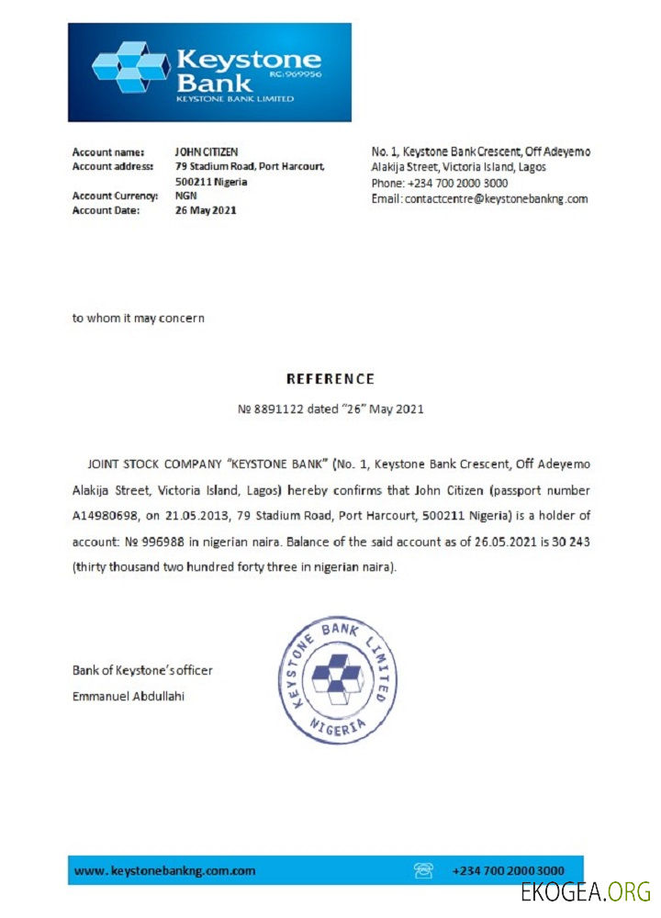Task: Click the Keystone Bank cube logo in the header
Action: click(x=130, y=69)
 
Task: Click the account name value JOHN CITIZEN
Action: click(x=207, y=151)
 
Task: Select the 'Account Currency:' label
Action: click(x=115, y=196)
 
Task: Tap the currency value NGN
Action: click(x=185, y=196)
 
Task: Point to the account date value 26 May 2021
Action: click(x=206, y=210)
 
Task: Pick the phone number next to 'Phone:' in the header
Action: click(x=457, y=184)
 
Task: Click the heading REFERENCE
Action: click(x=330, y=378)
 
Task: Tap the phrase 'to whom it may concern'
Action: click(x=139, y=319)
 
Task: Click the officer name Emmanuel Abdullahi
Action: click(x=128, y=696)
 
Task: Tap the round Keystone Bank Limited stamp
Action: click(x=337, y=680)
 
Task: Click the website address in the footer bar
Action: click(x=164, y=870)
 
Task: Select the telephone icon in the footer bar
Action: click(x=423, y=870)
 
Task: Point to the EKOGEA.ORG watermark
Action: click(x=585, y=891)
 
